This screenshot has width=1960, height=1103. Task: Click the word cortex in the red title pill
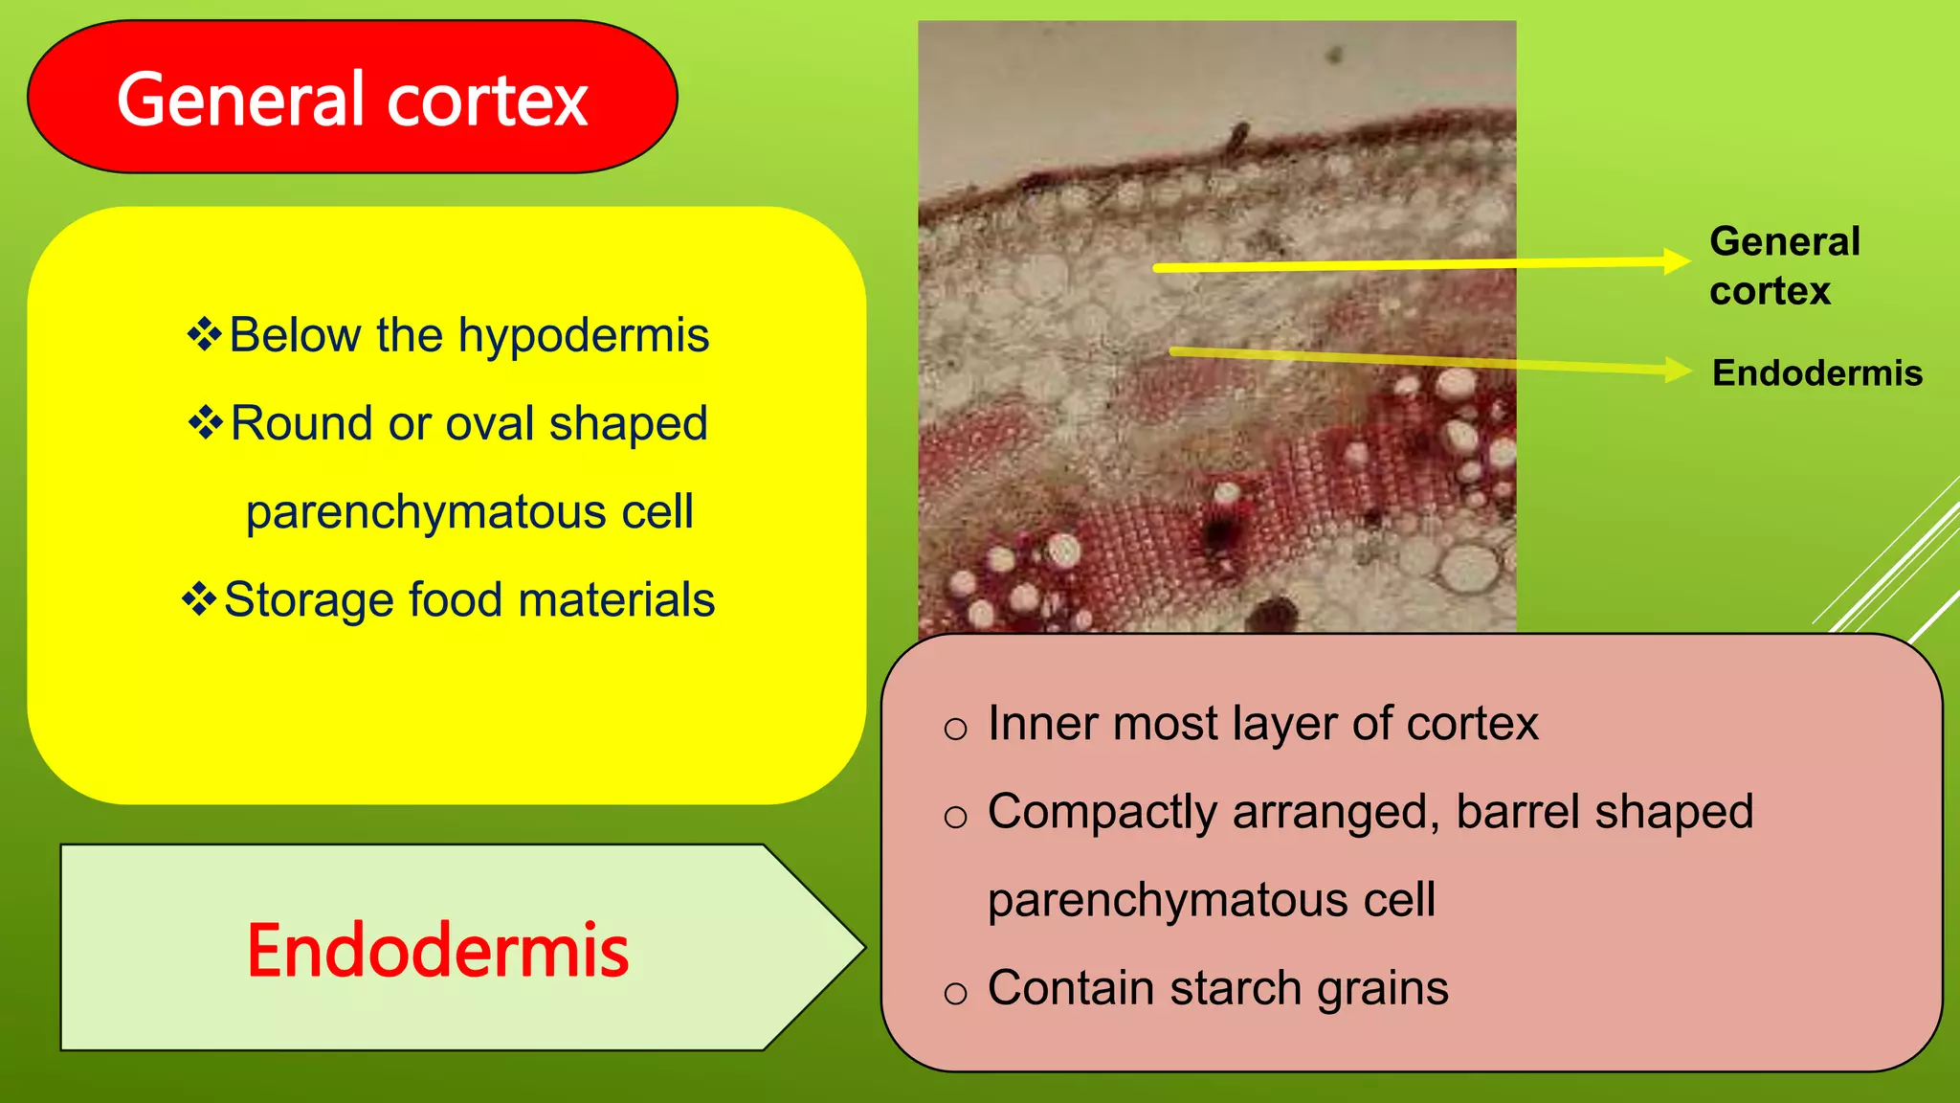point(487,101)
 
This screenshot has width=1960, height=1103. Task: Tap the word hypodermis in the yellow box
point(584,335)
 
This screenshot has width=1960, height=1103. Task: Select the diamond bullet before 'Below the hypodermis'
point(204,334)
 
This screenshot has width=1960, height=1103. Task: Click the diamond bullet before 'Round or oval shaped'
point(206,422)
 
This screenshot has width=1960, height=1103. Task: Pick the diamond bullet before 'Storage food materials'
point(199,598)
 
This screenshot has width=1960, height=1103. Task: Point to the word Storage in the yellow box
point(308,600)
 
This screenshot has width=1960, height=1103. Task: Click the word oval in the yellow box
point(489,423)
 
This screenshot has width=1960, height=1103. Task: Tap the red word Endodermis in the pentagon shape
point(437,951)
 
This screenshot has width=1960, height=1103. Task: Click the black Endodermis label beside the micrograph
point(1816,372)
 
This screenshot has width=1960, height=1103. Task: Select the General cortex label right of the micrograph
point(1784,265)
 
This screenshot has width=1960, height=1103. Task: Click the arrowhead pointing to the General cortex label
point(1677,260)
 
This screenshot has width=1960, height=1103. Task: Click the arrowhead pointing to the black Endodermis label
point(1678,369)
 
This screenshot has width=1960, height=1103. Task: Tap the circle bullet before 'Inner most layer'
point(955,729)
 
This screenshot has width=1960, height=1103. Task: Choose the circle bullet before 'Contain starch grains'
point(955,993)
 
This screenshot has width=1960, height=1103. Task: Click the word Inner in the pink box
point(1041,723)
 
